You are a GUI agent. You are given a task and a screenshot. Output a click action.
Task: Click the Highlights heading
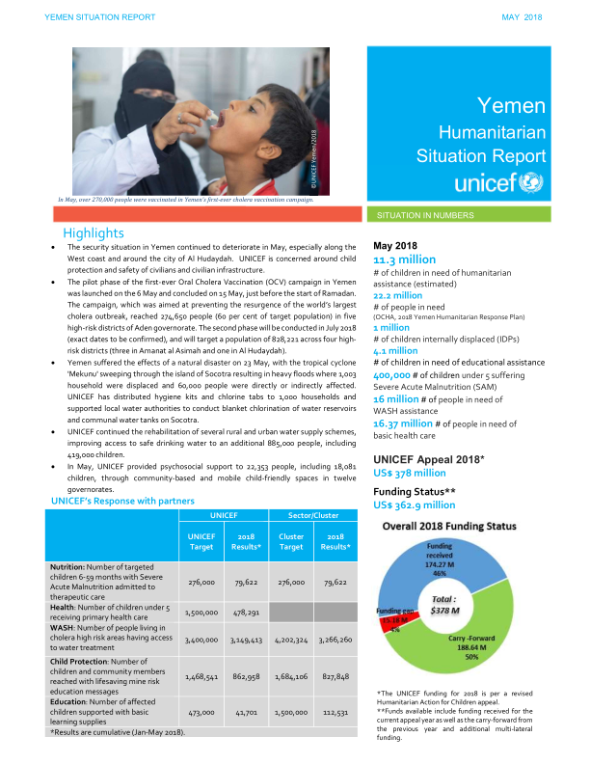[x=94, y=232]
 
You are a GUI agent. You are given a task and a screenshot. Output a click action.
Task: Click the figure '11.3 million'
[x=405, y=259]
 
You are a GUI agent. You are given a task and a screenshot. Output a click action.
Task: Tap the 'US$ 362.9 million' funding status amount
[x=415, y=505]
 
